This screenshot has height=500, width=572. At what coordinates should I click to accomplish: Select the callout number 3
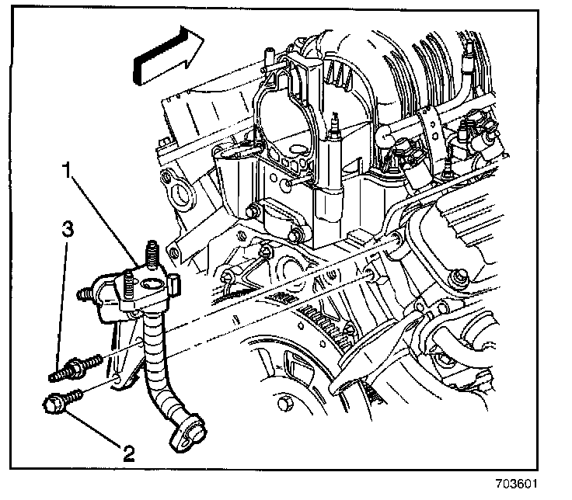coord(69,230)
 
